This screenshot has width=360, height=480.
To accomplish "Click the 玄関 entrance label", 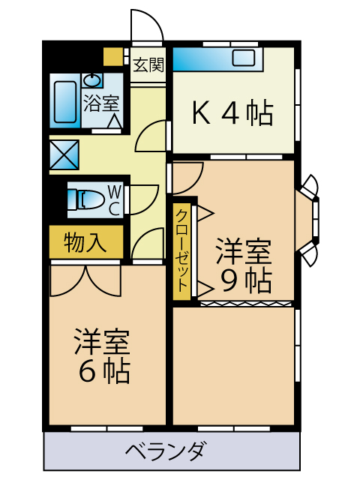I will (148, 64).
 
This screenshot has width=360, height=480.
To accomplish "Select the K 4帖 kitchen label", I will (232, 113).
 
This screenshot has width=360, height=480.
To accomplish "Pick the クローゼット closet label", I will (182, 250).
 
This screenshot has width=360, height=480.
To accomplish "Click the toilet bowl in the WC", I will (87, 199).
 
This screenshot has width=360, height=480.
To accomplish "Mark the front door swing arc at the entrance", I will (147, 25).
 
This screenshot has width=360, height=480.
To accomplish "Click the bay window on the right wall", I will (308, 217).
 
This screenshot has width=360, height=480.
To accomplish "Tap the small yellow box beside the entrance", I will (112, 56).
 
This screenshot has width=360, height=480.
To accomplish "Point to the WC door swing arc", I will (144, 199).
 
